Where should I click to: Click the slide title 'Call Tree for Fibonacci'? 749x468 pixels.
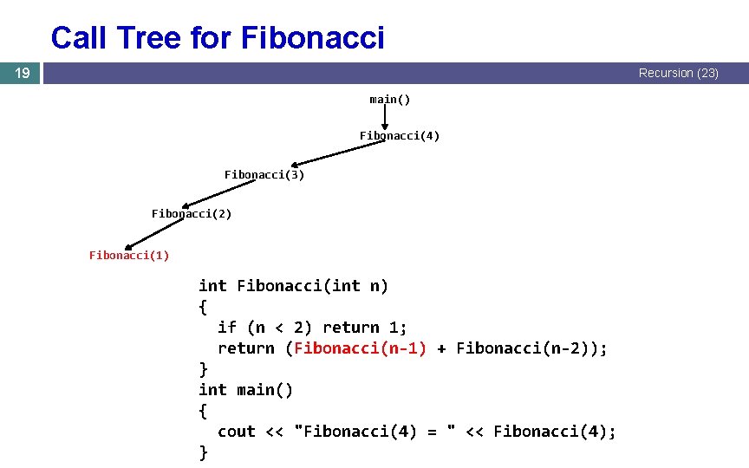point(218,38)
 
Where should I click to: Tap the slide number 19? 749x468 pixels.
point(21,74)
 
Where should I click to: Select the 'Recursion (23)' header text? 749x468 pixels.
point(678,74)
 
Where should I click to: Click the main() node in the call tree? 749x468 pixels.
point(390,100)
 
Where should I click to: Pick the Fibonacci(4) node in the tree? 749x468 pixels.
point(400,136)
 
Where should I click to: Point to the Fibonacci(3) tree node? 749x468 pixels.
point(264,175)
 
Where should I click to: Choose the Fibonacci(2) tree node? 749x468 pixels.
point(192,213)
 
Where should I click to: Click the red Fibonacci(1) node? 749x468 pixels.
point(129,255)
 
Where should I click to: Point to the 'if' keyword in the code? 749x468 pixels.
point(227,328)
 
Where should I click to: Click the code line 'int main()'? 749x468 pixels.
point(246,390)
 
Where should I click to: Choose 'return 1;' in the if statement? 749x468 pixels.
point(364,328)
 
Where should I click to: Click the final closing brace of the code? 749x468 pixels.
point(204,452)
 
